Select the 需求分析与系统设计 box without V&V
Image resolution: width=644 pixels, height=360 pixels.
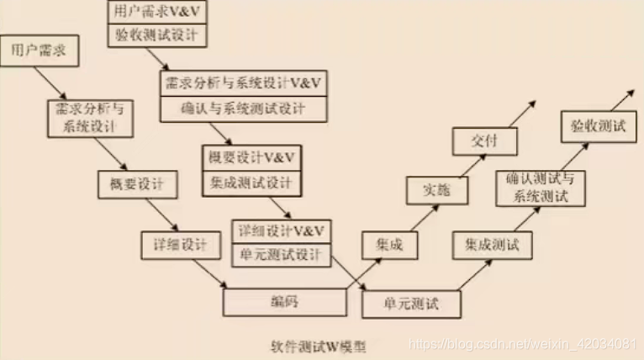(90, 119)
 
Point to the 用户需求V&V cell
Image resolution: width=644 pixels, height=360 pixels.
(157, 12)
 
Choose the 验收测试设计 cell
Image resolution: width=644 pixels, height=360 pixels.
(157, 34)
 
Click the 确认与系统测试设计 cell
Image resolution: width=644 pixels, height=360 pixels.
(244, 109)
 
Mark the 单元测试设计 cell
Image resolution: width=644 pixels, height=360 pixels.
(280, 254)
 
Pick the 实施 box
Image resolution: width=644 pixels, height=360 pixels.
(434, 191)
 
